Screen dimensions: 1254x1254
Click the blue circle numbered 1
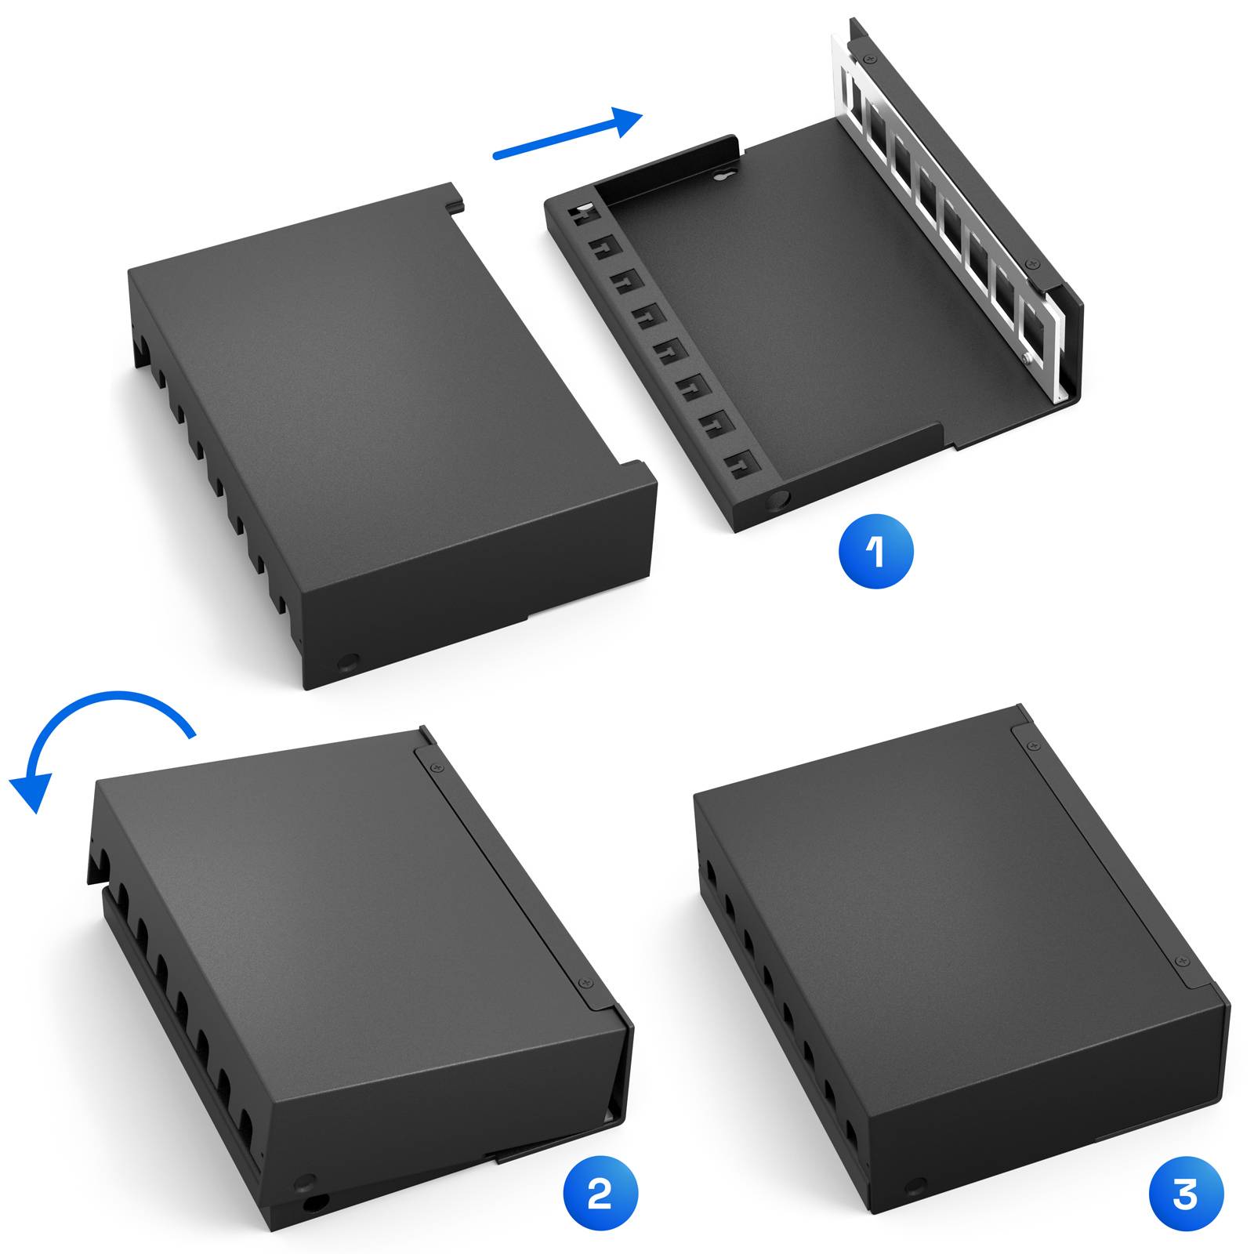tap(875, 551)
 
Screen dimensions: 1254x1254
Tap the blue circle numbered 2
tap(600, 1193)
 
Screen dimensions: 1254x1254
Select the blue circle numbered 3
tap(1186, 1194)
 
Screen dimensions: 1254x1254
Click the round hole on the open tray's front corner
tap(778, 499)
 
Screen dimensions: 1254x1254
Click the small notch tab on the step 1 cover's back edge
tap(454, 205)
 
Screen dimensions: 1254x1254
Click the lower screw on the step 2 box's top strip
tap(583, 983)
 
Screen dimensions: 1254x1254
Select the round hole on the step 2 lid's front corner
tap(306, 1183)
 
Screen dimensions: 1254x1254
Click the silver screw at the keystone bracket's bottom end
tap(1028, 359)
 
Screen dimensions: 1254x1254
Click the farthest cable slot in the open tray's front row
tap(584, 214)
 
